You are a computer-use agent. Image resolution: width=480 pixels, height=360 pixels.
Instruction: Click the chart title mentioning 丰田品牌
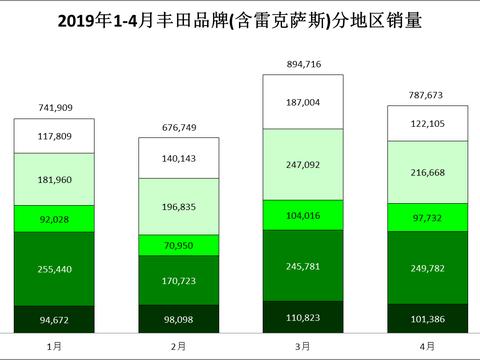240,19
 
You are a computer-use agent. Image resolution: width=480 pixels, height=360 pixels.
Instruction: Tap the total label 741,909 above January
53,108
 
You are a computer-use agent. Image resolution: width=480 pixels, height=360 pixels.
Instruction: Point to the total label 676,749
178,128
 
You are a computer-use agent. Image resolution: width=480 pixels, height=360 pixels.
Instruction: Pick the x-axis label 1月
53,345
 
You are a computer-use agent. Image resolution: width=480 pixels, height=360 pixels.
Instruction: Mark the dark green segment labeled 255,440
53,270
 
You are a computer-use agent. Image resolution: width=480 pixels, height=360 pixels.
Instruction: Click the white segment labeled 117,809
53,137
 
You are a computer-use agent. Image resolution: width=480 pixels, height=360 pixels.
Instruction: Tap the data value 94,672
53,320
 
